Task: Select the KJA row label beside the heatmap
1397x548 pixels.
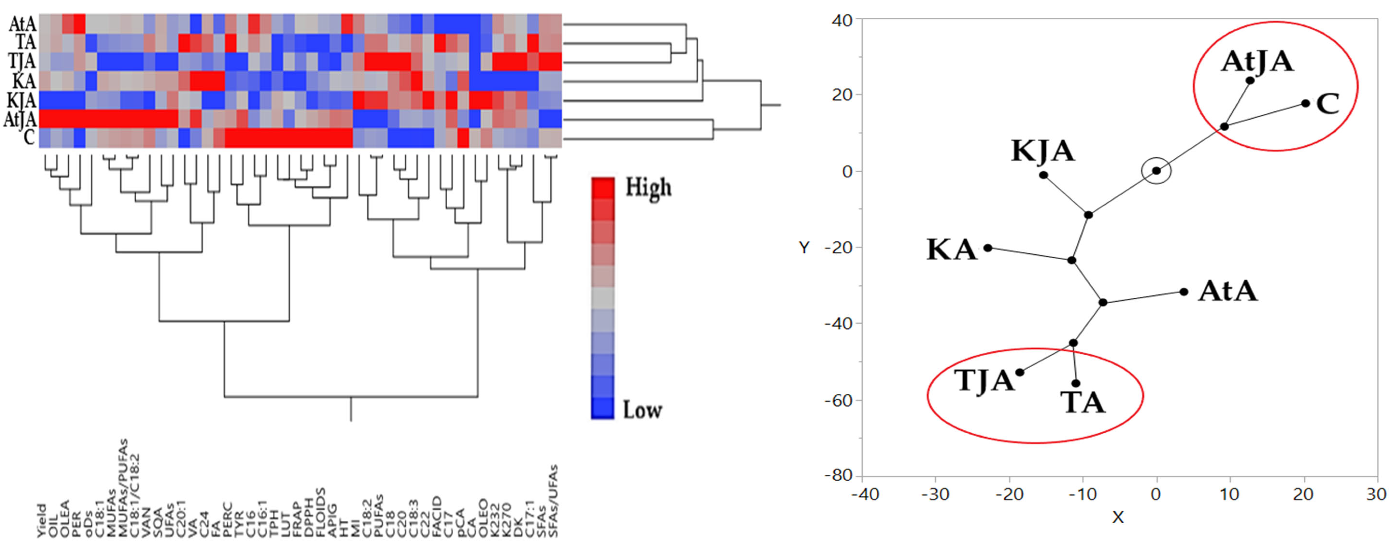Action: pyautogui.click(x=22, y=100)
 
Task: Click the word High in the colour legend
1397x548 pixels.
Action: pyautogui.click(x=648, y=188)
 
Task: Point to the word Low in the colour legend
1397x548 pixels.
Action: pyautogui.click(x=642, y=410)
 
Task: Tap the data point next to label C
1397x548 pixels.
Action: pyautogui.click(x=1305, y=103)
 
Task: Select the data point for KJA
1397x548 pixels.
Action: pyautogui.click(x=1043, y=175)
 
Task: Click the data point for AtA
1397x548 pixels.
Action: pyautogui.click(x=1184, y=292)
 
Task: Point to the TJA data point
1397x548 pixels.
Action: pyautogui.click(x=1019, y=372)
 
